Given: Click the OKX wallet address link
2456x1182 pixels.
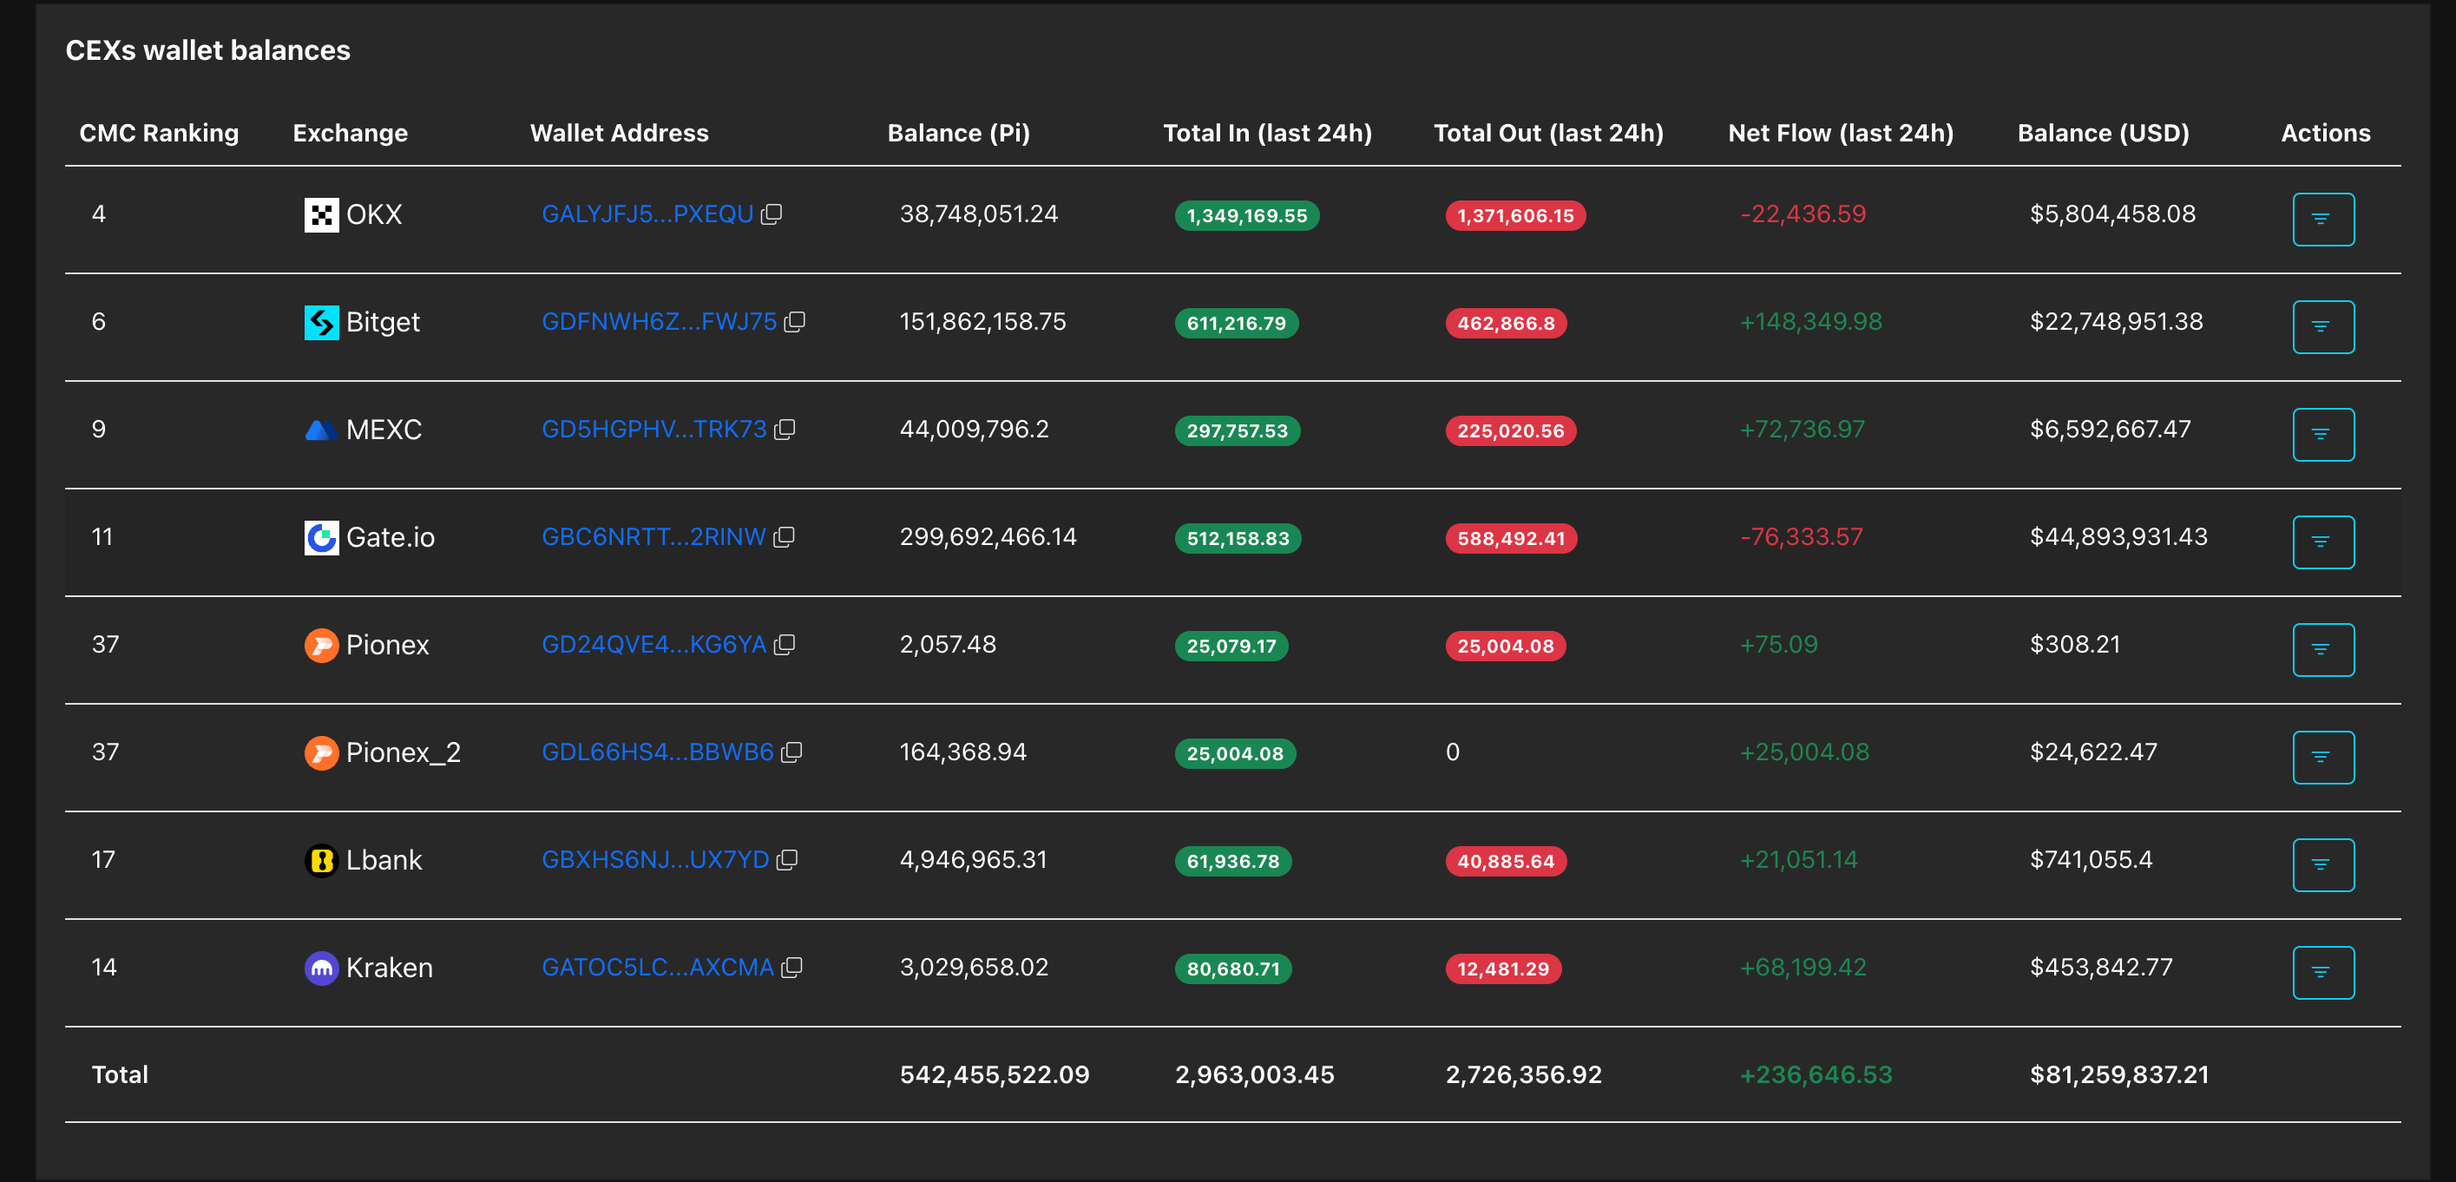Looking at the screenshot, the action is point(647,214).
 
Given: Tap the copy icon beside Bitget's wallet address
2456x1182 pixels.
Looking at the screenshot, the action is point(794,322).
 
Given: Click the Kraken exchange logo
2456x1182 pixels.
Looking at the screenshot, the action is point(321,969).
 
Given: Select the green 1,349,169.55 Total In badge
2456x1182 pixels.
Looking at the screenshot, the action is point(1247,215).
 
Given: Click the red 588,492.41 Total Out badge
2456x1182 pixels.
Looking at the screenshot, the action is point(1511,539).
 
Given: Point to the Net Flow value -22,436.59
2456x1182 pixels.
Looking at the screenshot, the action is point(1803,214).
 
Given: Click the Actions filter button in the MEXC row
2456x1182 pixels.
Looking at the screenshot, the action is point(2323,435).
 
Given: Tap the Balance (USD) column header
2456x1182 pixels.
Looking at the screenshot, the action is point(2104,134).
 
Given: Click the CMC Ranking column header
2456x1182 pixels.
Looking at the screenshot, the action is point(159,134).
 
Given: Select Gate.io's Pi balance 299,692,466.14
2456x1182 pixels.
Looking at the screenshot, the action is point(988,537).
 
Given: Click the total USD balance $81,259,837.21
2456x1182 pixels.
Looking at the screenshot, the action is point(2119,1075).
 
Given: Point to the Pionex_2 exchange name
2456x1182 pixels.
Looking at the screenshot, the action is point(404,753).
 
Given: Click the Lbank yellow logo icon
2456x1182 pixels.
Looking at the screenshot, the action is point(321,861).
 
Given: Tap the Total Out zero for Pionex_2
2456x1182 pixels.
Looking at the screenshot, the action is point(1453,753).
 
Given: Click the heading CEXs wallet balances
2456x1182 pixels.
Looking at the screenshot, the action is point(207,50).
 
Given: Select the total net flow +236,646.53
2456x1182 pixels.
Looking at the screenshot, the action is point(1816,1075).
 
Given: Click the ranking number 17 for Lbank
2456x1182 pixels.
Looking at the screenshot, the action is point(103,861).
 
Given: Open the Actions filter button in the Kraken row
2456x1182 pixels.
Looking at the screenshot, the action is point(2323,972).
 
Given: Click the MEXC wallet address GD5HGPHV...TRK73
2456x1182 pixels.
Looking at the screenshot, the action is point(654,430).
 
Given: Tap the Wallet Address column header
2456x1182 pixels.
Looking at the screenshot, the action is point(620,134).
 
